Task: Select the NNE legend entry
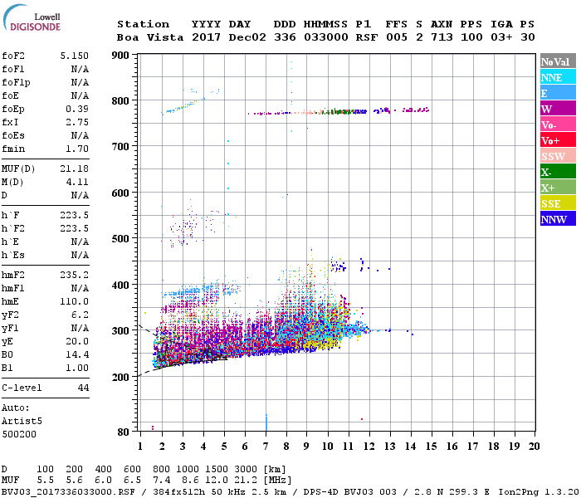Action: click(554, 77)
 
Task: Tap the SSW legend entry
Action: click(554, 156)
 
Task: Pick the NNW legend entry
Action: click(554, 219)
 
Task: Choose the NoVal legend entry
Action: click(554, 61)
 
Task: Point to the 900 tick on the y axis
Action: click(121, 56)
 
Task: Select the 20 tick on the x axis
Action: click(535, 446)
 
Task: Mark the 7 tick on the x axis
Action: click(266, 446)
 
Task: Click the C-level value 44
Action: click(83, 388)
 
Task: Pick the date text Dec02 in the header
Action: click(245, 37)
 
